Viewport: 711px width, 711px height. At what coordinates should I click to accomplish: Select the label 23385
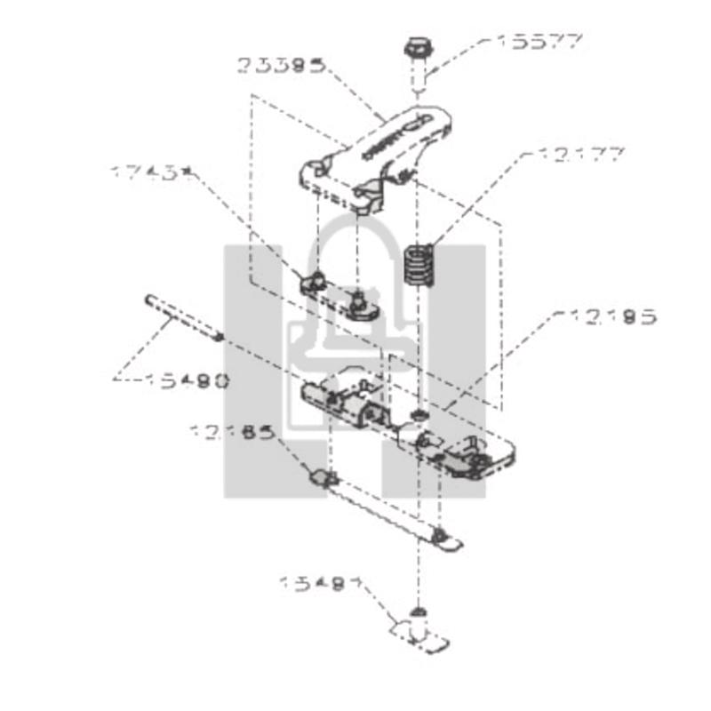pos(281,65)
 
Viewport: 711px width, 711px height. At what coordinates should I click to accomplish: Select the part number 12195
pos(606,316)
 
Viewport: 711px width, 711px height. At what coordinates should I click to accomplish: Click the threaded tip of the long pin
pos(218,337)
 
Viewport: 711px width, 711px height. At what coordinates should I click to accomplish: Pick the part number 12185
pos(231,433)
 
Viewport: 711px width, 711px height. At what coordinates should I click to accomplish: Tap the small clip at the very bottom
pos(420,633)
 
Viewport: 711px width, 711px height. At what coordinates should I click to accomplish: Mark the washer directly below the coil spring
pos(419,416)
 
